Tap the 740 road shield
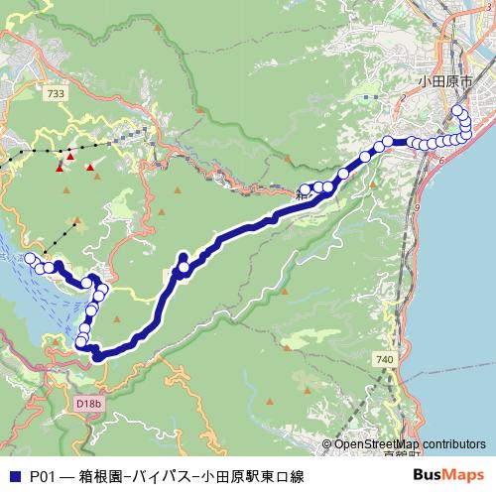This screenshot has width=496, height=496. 386,357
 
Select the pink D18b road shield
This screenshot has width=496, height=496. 88,404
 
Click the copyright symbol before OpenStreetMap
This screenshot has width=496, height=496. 327,444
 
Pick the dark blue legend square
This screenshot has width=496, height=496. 12,476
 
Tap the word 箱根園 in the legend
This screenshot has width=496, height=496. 100,476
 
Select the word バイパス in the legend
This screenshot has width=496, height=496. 162,476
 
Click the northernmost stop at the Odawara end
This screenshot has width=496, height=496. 457,109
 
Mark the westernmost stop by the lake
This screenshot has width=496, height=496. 30,259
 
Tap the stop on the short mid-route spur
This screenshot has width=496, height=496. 184,267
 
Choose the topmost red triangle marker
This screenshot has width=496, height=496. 70,156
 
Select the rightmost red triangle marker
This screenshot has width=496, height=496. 90,167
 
